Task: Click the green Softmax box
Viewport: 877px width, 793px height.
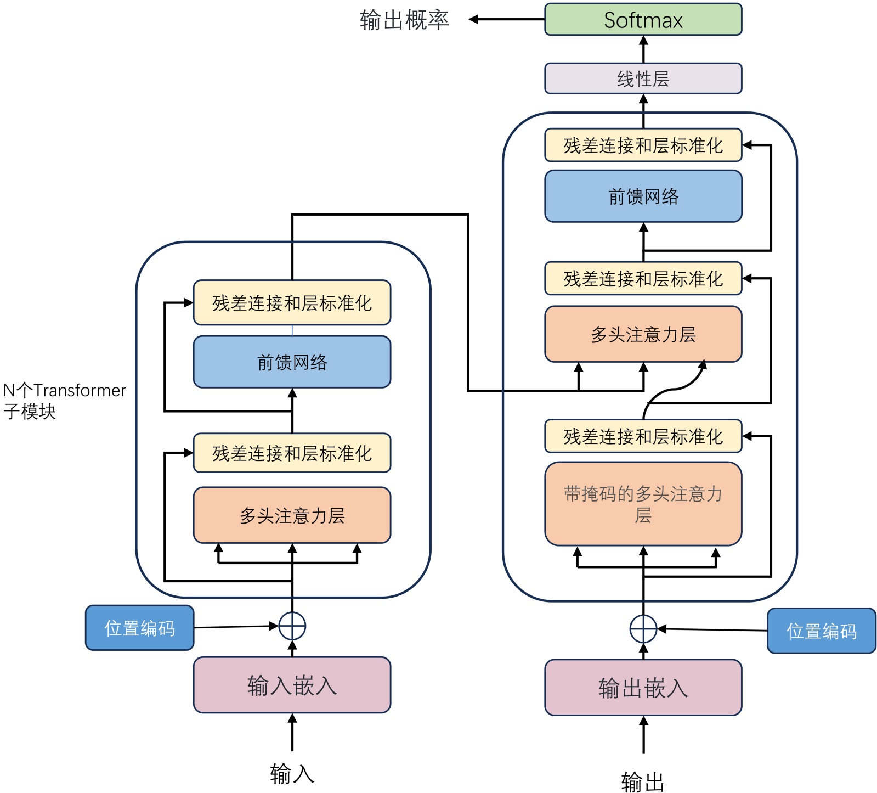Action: click(x=643, y=20)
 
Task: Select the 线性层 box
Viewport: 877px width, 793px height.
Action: click(x=643, y=78)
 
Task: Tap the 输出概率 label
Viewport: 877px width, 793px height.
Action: click(x=404, y=20)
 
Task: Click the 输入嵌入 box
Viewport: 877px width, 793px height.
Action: click(x=292, y=685)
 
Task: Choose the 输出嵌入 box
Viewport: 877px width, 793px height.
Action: click(x=643, y=688)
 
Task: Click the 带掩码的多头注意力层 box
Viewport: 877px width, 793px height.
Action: click(x=643, y=504)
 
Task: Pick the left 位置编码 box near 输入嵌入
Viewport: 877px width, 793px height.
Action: click(x=140, y=628)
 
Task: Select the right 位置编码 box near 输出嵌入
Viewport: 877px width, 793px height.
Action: click(x=821, y=631)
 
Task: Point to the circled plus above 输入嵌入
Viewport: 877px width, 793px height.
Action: click(x=292, y=626)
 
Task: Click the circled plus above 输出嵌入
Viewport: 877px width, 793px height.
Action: click(x=643, y=629)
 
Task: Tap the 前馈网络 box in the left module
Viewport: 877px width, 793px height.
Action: click(x=292, y=362)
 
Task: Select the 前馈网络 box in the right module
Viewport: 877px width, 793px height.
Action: click(x=643, y=196)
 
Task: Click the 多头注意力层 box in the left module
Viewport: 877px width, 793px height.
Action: click(x=292, y=515)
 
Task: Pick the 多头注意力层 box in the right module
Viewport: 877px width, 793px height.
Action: click(x=643, y=334)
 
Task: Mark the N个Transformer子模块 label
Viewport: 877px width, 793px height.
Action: click(x=63, y=401)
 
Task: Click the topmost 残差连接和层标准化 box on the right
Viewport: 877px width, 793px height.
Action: click(x=643, y=145)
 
